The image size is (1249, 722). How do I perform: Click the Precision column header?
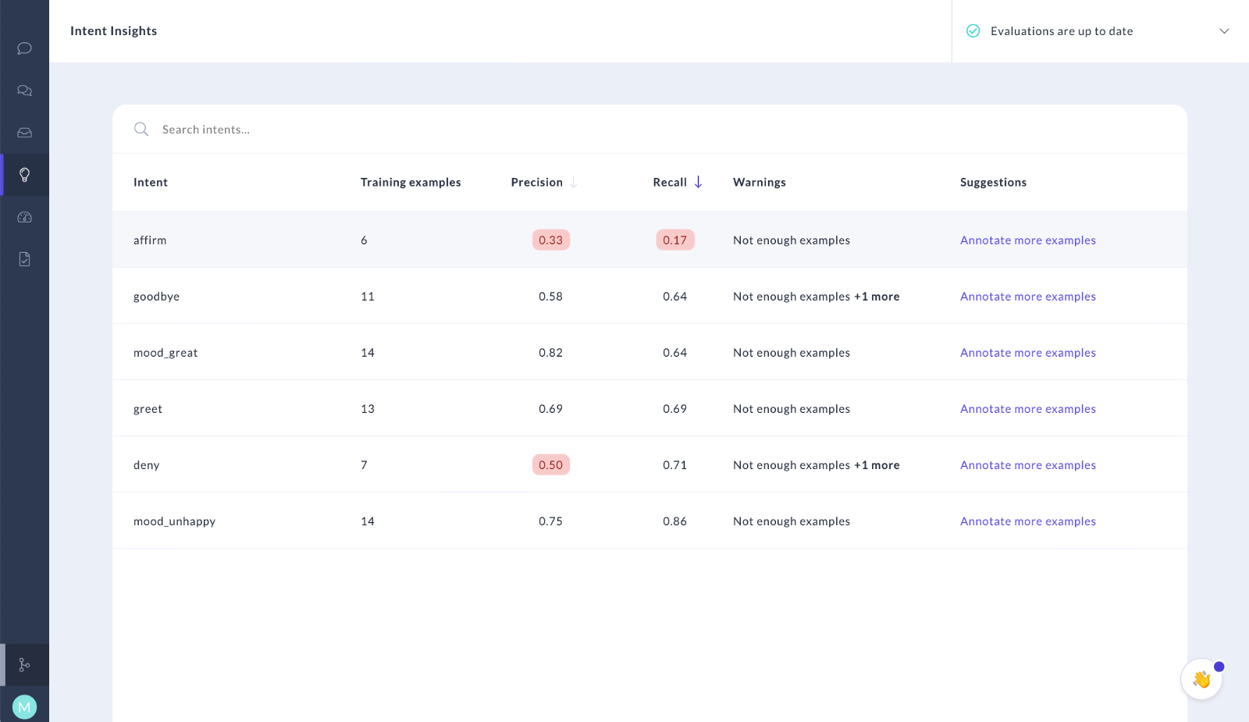(537, 182)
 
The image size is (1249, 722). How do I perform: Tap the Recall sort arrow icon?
(698, 182)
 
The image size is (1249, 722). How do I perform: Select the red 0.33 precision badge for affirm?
(550, 240)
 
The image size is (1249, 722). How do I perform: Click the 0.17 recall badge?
(674, 240)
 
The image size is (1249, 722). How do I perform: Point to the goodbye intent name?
(156, 297)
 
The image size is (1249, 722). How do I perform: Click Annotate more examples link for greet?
(1027, 409)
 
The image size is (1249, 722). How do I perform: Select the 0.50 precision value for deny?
(550, 465)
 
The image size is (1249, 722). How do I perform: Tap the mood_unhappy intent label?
(174, 521)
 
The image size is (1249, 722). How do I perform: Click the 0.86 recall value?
(674, 521)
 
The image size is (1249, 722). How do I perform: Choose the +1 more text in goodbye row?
(877, 297)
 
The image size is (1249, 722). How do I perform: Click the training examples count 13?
(368, 409)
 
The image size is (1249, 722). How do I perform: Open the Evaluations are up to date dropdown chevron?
(1224, 31)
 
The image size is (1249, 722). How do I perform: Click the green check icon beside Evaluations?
(973, 31)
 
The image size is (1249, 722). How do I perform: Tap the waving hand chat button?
(1201, 679)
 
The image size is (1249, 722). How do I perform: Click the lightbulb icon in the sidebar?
(25, 175)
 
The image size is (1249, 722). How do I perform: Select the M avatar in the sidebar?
(25, 707)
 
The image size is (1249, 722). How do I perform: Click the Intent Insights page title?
(114, 31)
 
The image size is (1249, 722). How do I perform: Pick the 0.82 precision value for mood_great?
(550, 353)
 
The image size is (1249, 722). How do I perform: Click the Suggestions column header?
(993, 182)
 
